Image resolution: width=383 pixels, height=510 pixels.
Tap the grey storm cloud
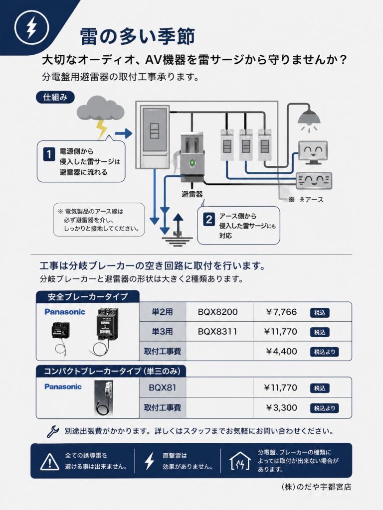[99, 107]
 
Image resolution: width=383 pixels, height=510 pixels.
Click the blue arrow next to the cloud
[123, 133]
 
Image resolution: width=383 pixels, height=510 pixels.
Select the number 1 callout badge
[49, 155]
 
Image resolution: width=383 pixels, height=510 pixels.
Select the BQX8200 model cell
[218, 312]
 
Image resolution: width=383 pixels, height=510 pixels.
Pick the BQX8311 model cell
[217, 331]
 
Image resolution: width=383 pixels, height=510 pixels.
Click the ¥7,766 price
[281, 312]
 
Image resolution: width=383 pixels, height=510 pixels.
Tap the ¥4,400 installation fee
[281, 351]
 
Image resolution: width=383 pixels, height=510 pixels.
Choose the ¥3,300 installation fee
[281, 407]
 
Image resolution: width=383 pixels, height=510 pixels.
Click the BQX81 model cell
[160, 387]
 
